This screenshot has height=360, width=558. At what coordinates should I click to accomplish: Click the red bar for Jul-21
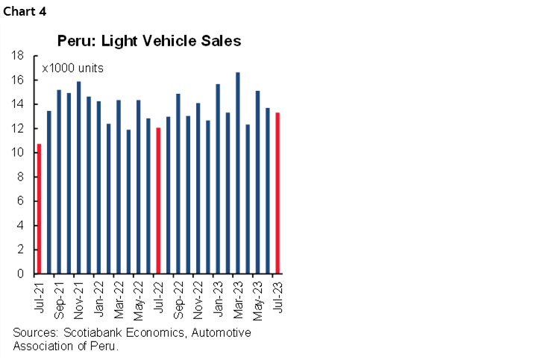tap(39, 209)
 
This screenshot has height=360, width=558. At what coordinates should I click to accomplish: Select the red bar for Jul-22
tap(158, 200)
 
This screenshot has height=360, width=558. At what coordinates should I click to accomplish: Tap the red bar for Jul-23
tap(278, 193)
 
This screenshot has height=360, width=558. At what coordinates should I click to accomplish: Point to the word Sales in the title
tap(222, 41)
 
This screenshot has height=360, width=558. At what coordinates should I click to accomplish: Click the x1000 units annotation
tap(72, 69)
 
